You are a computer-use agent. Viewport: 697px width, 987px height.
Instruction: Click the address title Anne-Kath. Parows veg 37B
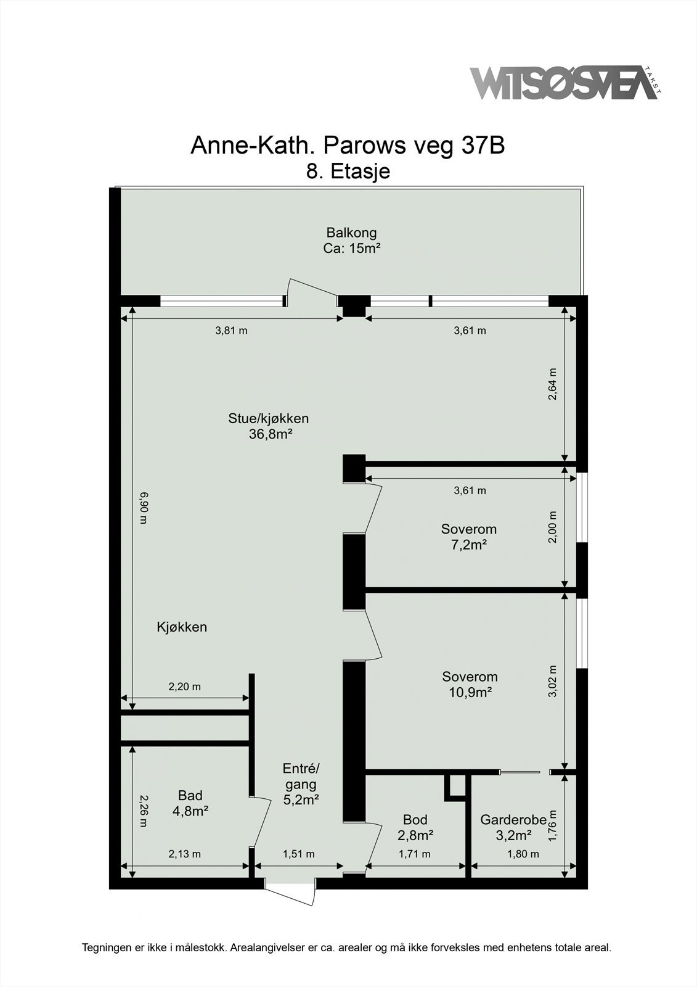(348, 146)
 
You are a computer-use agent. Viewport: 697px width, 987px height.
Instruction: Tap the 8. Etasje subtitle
(348, 171)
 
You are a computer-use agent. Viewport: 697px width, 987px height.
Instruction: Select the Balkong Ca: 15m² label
(351, 241)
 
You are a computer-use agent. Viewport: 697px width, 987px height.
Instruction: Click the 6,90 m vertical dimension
(143, 507)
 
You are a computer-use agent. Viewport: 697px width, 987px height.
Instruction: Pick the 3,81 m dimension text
(231, 331)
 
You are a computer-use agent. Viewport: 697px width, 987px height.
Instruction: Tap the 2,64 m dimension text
(553, 384)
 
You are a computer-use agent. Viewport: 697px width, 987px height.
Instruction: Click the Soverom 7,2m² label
(468, 537)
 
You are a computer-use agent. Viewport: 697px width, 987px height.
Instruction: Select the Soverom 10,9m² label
(470, 684)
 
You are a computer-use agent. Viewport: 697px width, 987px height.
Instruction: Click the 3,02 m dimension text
(553, 681)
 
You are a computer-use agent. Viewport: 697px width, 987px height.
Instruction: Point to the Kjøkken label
(182, 627)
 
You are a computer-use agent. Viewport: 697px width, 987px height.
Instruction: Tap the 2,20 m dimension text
(185, 687)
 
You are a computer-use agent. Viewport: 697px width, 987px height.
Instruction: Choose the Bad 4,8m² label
(190, 803)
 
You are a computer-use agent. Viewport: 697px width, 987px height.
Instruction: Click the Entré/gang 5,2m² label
(301, 784)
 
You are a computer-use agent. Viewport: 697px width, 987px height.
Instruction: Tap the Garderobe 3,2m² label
(513, 827)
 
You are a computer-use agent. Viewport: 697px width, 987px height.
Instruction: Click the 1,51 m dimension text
(298, 854)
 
